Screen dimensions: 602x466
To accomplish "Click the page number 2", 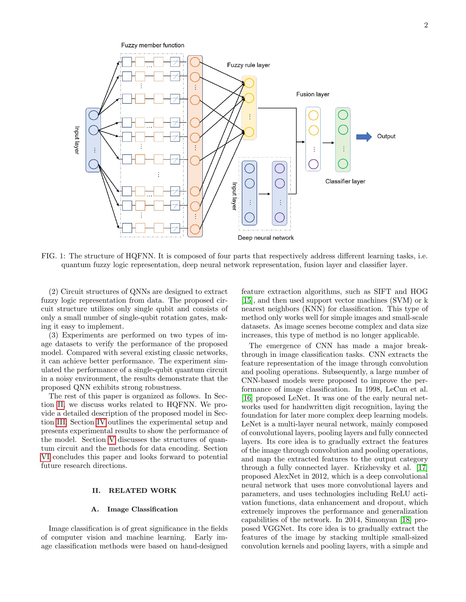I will [x=426, y=25].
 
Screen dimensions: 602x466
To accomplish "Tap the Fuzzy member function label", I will [x=152, y=45].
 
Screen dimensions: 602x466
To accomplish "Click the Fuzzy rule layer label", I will [x=248, y=65].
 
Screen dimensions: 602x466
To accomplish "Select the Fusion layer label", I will [x=312, y=94].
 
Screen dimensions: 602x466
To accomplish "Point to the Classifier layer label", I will [x=345, y=181].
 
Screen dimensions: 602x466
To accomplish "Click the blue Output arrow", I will [x=363, y=137].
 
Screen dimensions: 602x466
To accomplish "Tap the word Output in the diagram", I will [x=386, y=136].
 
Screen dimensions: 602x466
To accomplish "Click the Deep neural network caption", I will [x=266, y=238].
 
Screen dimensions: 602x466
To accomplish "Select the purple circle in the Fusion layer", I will [x=313, y=164].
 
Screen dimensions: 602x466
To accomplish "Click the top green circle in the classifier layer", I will [x=343, y=115].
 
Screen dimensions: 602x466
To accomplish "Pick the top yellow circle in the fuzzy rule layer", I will [x=249, y=83].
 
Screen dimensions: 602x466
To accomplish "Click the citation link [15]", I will [x=246, y=300].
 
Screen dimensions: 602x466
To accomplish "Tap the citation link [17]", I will [x=422, y=467].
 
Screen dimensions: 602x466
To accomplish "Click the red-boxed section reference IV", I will [x=101, y=422].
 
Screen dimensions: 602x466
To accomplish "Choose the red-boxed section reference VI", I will [x=45, y=457].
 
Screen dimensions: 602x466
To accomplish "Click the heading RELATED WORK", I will [x=142, y=491].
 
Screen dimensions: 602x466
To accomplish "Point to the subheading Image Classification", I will [x=142, y=509].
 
